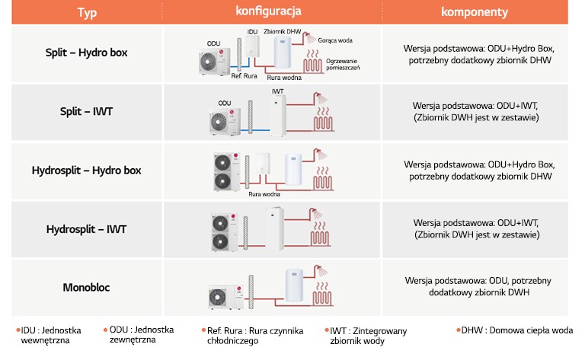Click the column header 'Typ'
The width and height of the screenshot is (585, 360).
coord(86,13)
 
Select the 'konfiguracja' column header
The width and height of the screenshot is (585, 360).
coord(269,11)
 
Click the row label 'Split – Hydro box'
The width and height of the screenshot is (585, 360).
coord(86,53)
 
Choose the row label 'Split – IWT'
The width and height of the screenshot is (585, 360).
coord(86,112)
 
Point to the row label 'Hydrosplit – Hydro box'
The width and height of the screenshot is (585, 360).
coord(86,170)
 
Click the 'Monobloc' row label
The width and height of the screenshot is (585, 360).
coord(86,287)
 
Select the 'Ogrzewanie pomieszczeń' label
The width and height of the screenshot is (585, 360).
coord(341,63)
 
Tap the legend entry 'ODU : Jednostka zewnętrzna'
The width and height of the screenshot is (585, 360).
coord(140,335)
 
